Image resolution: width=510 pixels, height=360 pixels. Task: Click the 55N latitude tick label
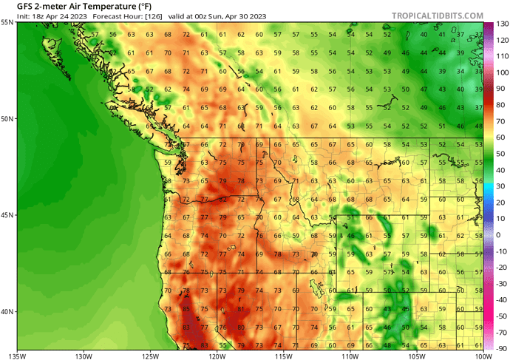click(7, 22)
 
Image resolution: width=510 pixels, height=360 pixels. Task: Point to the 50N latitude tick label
click(7, 118)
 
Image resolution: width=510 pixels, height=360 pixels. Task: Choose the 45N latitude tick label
click(7, 215)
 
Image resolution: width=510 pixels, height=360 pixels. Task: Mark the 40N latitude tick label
click(7, 311)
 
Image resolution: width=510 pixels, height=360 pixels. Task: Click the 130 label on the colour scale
click(498, 24)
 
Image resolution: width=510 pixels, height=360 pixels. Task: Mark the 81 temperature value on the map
click(240, 308)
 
